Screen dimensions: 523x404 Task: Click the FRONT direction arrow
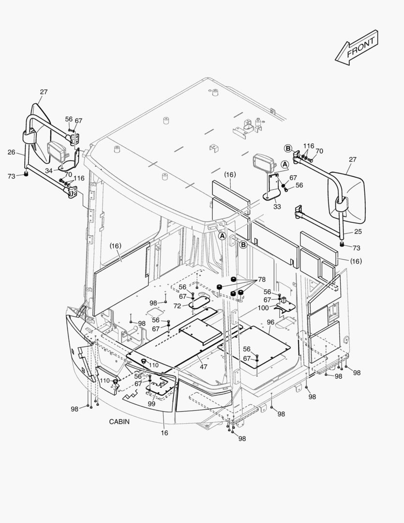coord(356,46)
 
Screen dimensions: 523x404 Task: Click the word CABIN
coord(119,422)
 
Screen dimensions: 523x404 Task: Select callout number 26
coord(11,152)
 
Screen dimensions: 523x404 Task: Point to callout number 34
coord(49,170)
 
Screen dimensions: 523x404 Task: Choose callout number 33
coord(277,207)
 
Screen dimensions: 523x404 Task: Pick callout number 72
coord(177,306)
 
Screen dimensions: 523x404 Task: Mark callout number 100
coord(263,308)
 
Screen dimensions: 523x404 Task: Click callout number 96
coord(270,322)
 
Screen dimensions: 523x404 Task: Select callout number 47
coord(203,367)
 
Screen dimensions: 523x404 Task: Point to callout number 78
coord(262,280)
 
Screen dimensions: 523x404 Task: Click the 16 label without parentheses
coord(165,432)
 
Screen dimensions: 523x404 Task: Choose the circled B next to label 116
coord(288,148)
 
